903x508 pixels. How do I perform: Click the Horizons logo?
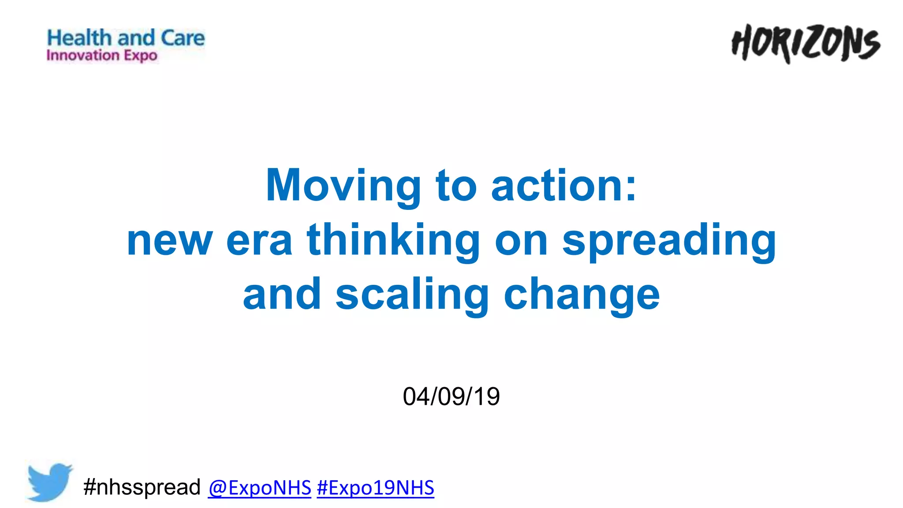pos(806,44)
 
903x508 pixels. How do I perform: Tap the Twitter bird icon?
pos(49,482)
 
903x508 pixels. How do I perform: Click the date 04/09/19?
pos(451,396)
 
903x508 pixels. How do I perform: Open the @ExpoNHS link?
pos(260,488)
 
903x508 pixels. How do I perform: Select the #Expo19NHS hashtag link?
pos(375,488)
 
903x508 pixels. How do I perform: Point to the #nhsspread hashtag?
pos(142,487)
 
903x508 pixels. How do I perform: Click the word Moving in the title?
pos(343,186)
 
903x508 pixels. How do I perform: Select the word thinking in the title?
pos(393,240)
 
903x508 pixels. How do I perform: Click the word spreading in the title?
pos(669,240)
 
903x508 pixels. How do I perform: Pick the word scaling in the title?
pos(412,295)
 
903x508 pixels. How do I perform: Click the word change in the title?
pos(582,295)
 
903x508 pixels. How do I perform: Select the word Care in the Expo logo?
pos(183,38)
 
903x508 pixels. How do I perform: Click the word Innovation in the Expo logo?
pos(83,56)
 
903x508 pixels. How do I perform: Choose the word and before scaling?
pos(282,295)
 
